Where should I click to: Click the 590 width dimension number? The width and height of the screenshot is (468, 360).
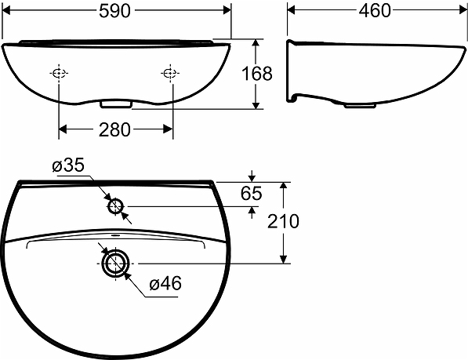pos(115,11)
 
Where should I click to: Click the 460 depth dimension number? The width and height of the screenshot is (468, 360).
pos(375,11)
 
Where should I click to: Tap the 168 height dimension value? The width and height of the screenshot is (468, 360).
pos(257,74)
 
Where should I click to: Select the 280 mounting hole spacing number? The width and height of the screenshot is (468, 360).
pos(114,129)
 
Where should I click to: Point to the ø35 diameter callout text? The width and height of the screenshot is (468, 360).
pos(68,165)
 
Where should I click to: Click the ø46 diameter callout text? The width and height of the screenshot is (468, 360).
pos(165,283)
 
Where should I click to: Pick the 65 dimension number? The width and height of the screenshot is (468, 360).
pos(252,194)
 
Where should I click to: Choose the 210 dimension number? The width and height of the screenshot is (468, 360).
pos(283,221)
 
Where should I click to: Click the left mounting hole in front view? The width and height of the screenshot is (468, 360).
pos(59,73)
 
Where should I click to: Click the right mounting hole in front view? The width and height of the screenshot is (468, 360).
pos(170,73)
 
